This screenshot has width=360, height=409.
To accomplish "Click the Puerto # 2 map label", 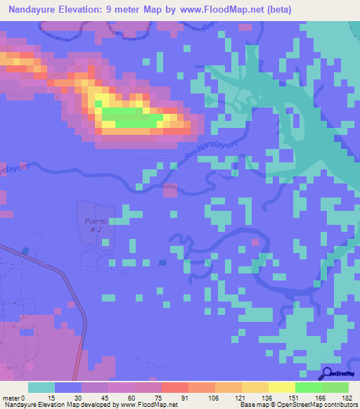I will pos(94,226).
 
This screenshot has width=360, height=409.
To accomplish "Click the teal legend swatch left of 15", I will pos(41,387).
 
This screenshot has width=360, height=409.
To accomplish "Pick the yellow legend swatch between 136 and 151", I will pos(281,387).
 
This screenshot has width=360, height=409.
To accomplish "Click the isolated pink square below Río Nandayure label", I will pos(170,190).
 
